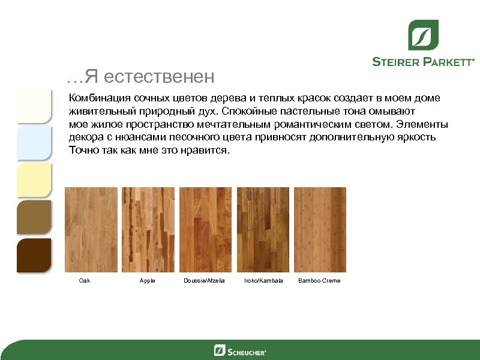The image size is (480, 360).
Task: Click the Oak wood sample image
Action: click(x=91, y=230)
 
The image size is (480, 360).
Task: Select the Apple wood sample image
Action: click(x=148, y=230)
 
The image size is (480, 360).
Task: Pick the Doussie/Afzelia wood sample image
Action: click(x=205, y=230)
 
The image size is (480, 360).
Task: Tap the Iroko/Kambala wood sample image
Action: click(x=263, y=230)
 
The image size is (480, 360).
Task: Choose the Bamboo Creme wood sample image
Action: click(x=320, y=230)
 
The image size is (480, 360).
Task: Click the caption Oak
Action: click(x=85, y=281)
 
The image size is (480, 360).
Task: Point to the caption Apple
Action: click(x=147, y=281)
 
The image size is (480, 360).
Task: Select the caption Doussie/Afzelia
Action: click(x=203, y=281)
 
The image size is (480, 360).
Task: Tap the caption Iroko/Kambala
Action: click(x=263, y=281)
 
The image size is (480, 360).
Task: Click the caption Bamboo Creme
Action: click(x=319, y=281)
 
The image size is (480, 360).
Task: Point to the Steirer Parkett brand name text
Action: click(x=424, y=61)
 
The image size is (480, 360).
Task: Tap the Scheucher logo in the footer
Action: click(x=240, y=350)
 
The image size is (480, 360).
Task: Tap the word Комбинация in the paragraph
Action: click(x=100, y=97)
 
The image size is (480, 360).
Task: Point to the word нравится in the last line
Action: click(x=203, y=150)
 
